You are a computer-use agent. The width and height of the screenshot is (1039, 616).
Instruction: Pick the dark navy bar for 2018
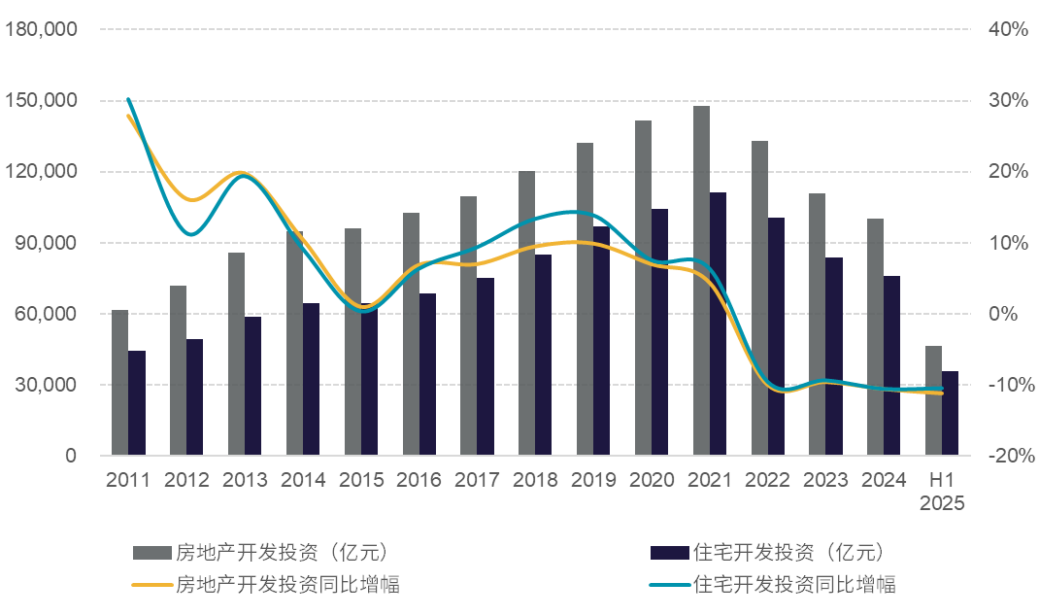tap(543, 355)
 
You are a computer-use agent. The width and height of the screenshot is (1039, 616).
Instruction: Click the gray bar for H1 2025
tap(933, 400)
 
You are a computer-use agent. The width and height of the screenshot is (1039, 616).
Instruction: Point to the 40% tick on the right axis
tap(1008, 29)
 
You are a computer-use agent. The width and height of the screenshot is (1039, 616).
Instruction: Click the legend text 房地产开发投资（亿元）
tap(282, 553)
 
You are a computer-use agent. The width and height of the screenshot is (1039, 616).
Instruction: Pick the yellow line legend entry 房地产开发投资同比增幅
tap(287, 584)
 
